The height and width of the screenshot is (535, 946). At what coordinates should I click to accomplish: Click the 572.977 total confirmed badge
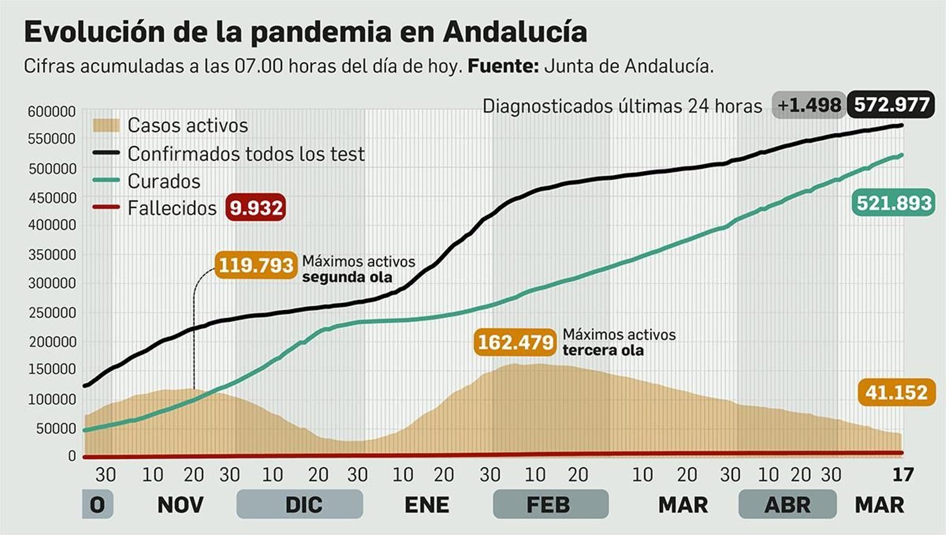[x=891, y=105]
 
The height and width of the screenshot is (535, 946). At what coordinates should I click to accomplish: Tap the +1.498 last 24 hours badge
[x=808, y=105]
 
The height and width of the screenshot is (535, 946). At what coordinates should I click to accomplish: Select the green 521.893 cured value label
[x=895, y=204]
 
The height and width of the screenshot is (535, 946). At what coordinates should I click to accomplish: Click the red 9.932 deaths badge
[x=255, y=208]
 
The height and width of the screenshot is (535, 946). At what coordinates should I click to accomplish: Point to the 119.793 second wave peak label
[x=255, y=265]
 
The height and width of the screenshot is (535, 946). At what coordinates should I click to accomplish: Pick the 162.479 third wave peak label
[x=515, y=342]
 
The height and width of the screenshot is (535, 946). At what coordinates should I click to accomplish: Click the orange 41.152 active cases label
[x=896, y=392]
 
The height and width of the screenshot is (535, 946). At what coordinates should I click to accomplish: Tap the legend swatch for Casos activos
[x=106, y=125]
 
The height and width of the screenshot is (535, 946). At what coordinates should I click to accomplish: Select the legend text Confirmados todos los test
[x=246, y=154]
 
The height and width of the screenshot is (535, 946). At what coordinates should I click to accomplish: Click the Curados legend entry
[x=164, y=181]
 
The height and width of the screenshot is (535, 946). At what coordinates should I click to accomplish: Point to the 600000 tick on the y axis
[x=52, y=112]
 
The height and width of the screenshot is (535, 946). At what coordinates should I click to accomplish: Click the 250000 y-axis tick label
[x=53, y=312]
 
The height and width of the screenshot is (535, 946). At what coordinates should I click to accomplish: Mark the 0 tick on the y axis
[x=72, y=456]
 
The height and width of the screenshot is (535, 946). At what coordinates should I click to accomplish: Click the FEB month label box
[x=549, y=505]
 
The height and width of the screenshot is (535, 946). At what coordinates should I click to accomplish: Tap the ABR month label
[x=787, y=505]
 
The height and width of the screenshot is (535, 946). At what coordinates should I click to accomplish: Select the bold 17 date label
[x=902, y=475]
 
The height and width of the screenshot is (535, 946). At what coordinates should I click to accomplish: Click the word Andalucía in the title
[x=514, y=32]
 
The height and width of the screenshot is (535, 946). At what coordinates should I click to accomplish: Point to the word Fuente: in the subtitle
[x=503, y=66]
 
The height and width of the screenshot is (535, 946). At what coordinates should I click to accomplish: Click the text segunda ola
[x=347, y=277]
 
